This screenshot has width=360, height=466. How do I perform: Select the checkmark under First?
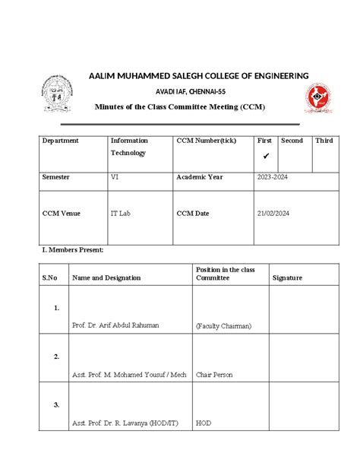266,156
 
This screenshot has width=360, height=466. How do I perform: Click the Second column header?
292,141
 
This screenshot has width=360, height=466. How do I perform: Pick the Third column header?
324,141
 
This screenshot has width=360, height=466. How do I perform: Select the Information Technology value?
129,147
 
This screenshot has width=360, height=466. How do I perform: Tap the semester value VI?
115,176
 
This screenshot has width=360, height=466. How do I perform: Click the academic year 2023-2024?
272,176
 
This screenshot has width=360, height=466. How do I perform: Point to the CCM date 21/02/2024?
274,214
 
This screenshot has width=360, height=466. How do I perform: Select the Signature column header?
287,277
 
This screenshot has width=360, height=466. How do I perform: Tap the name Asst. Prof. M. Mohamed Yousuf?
129,374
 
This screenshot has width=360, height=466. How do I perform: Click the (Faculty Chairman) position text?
223,325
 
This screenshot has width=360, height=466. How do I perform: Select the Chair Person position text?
214,374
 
